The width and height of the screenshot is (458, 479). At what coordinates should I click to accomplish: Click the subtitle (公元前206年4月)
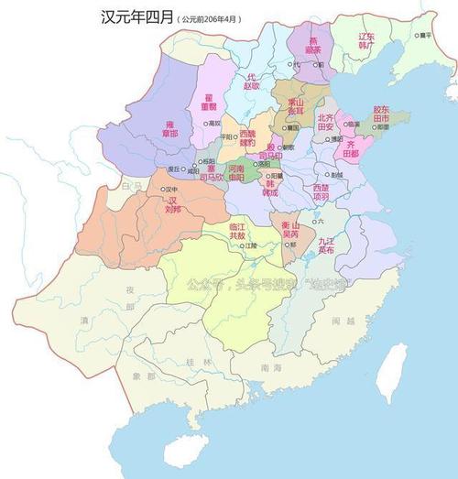coord(213,18)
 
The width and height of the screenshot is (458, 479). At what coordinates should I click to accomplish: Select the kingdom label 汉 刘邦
coord(172,204)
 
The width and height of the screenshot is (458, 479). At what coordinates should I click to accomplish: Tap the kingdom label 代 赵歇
coord(252,82)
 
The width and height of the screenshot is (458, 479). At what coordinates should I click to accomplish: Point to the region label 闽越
coord(343,321)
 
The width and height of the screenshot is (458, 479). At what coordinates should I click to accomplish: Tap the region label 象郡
coord(144,376)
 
